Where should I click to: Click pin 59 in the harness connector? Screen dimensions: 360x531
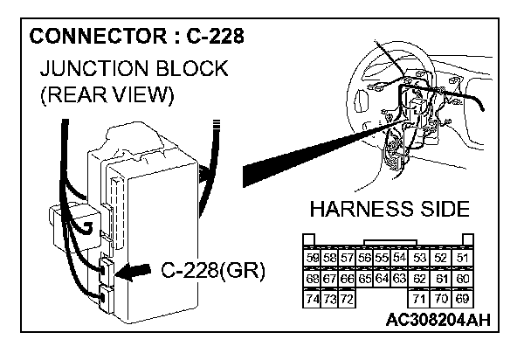click(x=313, y=258)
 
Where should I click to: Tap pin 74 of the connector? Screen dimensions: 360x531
click(x=313, y=299)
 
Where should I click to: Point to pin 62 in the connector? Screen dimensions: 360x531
click(x=419, y=279)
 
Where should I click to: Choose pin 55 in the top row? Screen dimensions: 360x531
click(x=381, y=258)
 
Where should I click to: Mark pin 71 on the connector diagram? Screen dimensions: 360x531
click(x=419, y=299)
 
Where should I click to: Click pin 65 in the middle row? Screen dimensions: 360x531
click(x=364, y=279)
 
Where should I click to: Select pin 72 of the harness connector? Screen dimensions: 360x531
click(x=347, y=299)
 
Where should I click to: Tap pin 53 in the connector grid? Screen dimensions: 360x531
click(x=419, y=258)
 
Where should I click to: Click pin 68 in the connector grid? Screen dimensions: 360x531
click(x=313, y=279)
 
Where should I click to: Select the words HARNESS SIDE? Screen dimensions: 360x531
click(x=390, y=210)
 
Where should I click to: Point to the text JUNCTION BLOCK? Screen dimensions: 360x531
click(x=133, y=68)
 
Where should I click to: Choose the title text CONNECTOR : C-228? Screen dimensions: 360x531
click(x=136, y=37)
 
